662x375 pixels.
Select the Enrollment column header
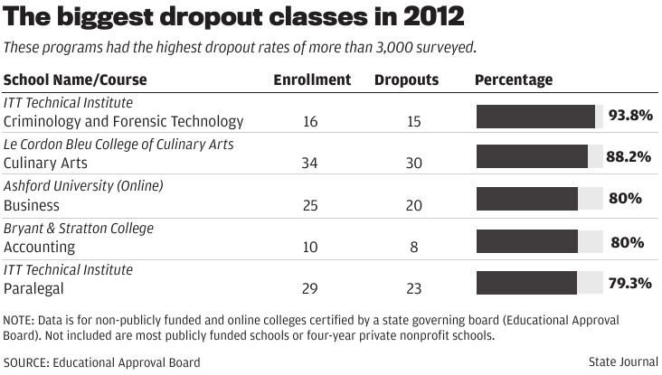coord(312,80)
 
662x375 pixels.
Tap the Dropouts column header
coord(406,80)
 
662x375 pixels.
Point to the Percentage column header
coord(514,80)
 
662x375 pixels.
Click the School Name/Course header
coord(75,80)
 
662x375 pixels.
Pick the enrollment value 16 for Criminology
coord(310,122)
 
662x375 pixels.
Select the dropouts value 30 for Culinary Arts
coord(413,164)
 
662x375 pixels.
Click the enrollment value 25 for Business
coord(310,205)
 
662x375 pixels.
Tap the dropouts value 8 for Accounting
coord(413,247)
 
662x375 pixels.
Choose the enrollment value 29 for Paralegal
coord(310,288)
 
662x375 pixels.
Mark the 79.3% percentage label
coord(629,283)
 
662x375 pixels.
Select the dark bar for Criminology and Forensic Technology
coord(535,117)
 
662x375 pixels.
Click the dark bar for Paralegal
coord(526,283)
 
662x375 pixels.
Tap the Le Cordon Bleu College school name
coord(118,145)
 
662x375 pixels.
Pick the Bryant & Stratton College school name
coord(79,228)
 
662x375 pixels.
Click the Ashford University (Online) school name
coord(83,186)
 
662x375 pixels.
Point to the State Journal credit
coord(623,362)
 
